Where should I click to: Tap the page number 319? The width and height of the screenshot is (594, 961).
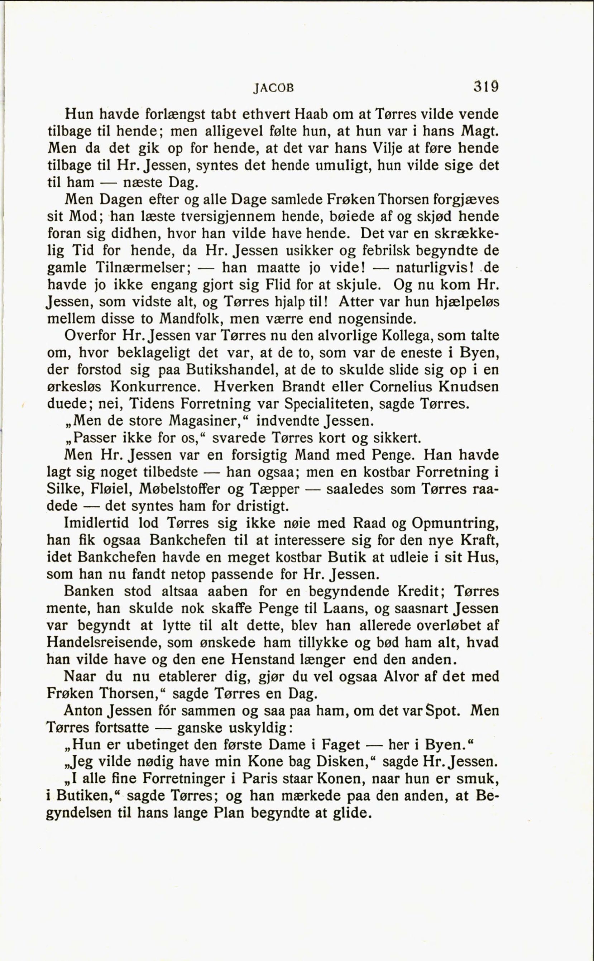click(x=485, y=86)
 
